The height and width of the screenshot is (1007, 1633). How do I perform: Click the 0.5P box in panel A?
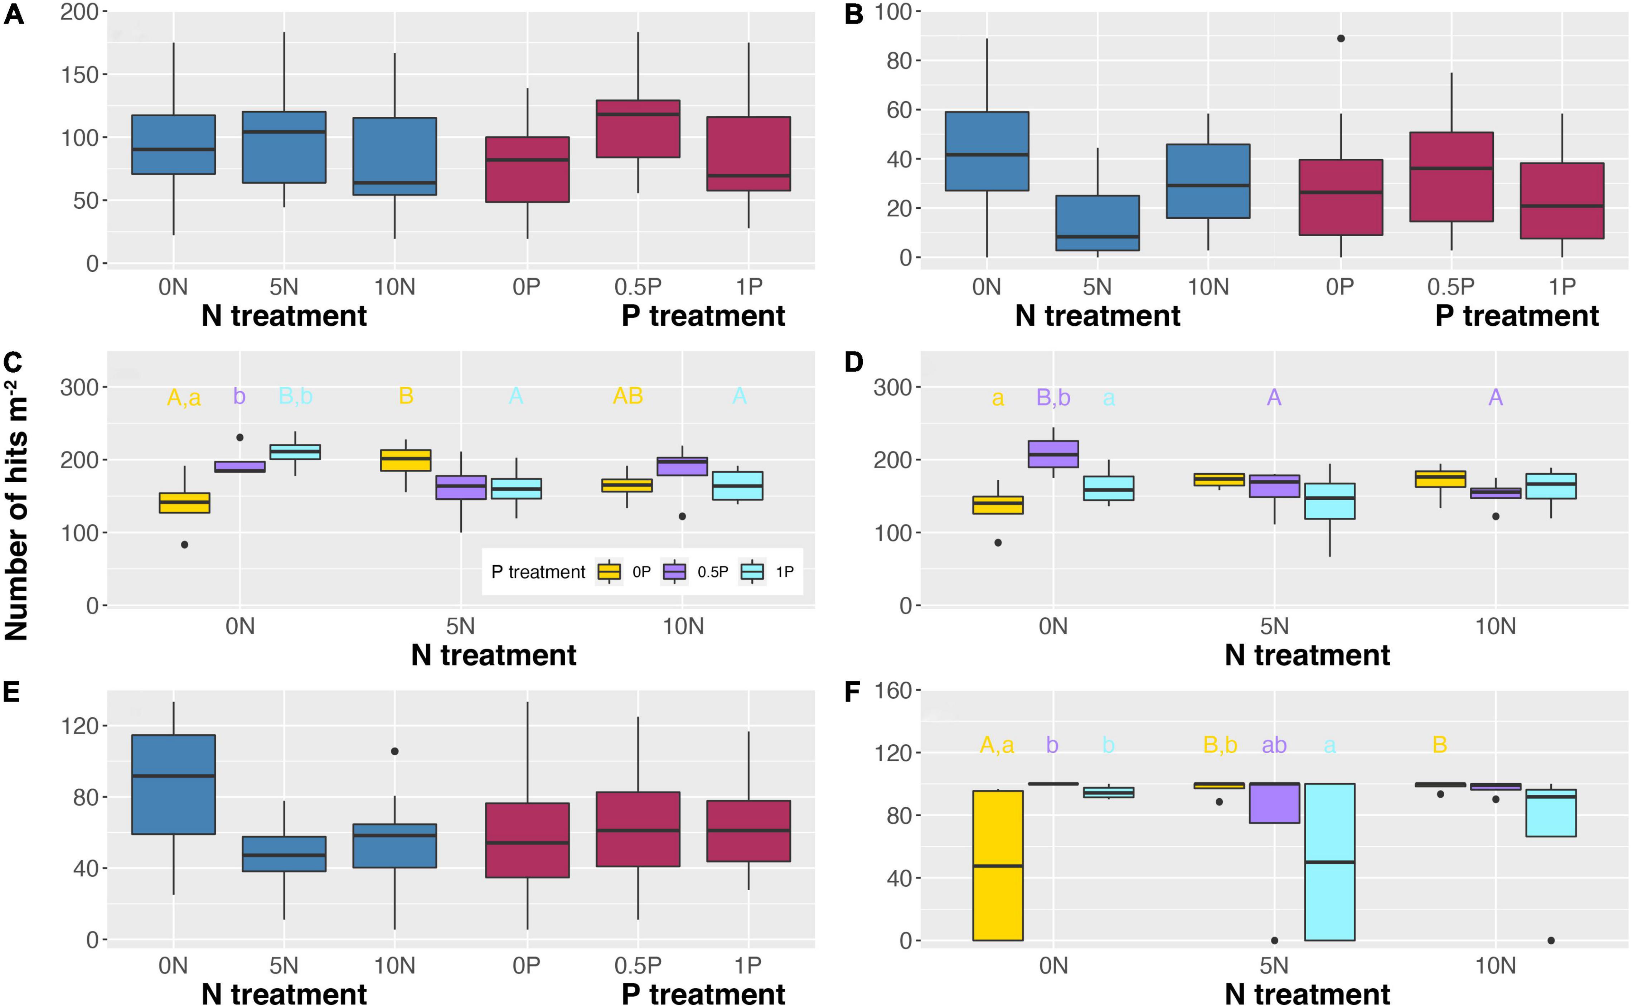638,129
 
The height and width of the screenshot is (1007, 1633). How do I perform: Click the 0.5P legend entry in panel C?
695,571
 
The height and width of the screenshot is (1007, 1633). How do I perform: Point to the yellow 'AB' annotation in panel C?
627,396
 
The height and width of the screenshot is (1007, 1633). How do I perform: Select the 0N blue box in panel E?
173,785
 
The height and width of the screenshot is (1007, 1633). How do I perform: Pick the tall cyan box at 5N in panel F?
1329,862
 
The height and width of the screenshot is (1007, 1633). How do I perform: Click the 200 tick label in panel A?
79,11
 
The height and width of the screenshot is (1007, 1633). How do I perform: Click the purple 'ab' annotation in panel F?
1274,745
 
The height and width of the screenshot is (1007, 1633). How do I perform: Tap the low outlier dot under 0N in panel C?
184,545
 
